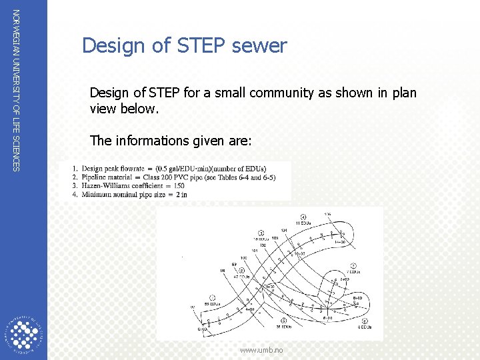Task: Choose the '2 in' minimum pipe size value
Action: [181, 195]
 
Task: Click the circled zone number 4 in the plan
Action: [303, 217]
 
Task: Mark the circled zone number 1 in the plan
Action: [211, 297]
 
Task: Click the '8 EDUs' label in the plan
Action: [363, 327]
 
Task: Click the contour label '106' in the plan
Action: [327, 214]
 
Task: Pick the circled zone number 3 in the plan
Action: [261, 233]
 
